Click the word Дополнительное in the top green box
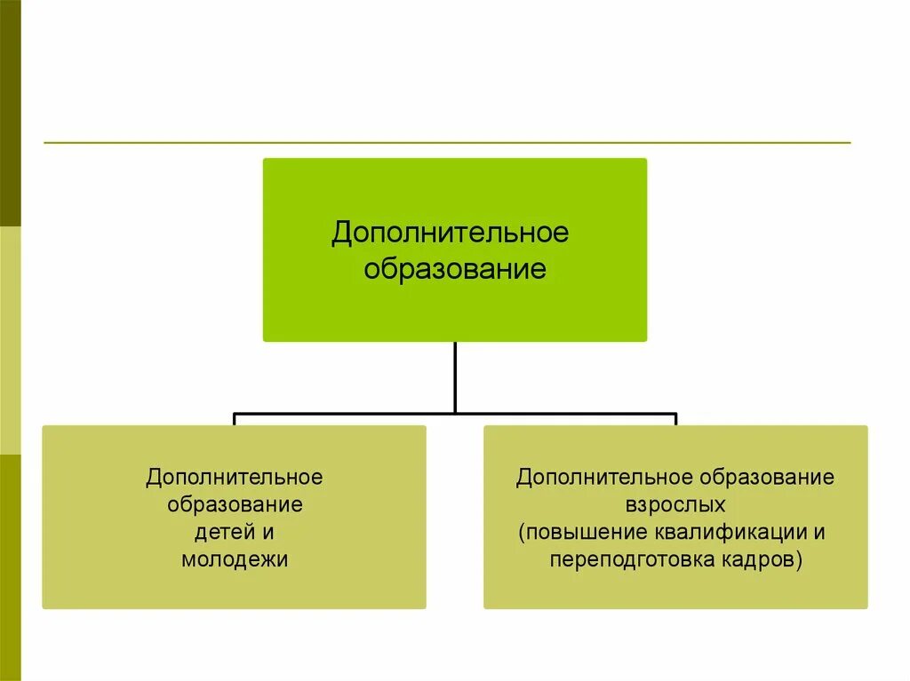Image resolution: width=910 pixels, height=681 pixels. coord(450,234)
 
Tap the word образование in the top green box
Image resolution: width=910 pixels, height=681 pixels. coord(454,269)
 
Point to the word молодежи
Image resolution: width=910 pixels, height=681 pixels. coord(235,560)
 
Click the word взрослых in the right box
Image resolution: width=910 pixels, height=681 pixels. coord(675,505)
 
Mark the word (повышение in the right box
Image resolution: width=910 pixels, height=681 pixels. coord(571,533)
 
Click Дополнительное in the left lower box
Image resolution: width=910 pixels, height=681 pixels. coord(235,478)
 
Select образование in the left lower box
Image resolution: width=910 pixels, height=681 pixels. coord(235,505)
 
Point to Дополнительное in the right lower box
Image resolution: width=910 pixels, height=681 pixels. coord(604,478)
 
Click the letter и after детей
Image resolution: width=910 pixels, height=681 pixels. coord(267,533)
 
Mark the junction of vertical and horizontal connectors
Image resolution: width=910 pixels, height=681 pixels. coord(455,413)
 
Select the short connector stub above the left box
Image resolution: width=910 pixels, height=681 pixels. coord(235,419)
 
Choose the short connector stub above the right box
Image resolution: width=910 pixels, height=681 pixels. coord(675,419)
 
